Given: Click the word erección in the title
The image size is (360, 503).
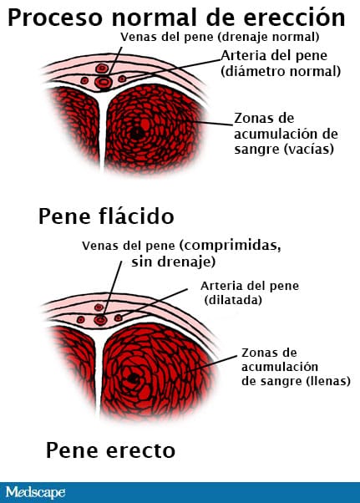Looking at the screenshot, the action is coord(294,18).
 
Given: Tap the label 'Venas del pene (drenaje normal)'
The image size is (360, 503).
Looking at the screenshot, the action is coord(220,37).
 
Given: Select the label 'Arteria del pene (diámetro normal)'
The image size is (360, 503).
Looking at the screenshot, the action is coord(281,64).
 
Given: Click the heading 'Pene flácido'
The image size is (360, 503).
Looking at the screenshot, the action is coord(106,216).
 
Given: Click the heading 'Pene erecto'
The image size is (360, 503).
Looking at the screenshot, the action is coord(110,450).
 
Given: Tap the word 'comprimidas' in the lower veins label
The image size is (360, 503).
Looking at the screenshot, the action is coord(231,246).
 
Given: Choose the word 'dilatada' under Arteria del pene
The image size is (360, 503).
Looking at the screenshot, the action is coord(233,300).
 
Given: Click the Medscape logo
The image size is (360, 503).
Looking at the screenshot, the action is coord(35,492).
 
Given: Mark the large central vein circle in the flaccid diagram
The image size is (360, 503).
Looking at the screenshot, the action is coord(104,83).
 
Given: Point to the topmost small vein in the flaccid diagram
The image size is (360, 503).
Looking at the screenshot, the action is coord(102,68).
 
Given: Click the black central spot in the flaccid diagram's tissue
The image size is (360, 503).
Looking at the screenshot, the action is coord(137,133).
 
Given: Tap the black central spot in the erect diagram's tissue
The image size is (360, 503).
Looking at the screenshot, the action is coord(133,379).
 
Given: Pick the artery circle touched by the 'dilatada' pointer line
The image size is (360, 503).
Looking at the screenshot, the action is coord(119,318).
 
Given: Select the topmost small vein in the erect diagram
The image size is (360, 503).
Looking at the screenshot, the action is coord(99,307).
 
